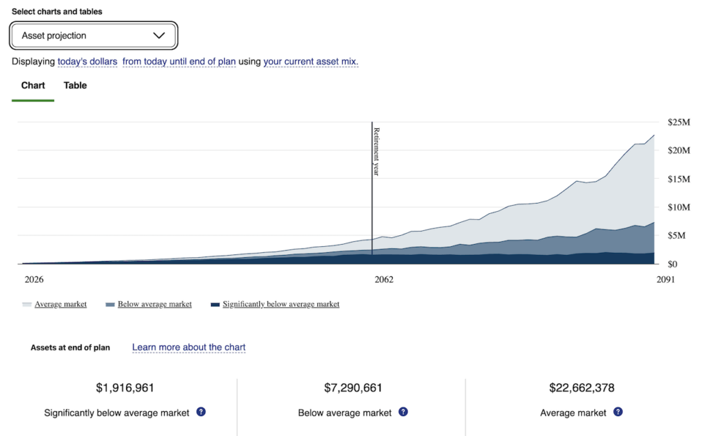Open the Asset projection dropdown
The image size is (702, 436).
point(93,36)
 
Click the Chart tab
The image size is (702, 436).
point(33,86)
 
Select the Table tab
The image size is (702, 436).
point(75,86)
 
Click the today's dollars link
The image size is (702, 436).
point(87,62)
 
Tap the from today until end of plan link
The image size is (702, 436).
point(179,62)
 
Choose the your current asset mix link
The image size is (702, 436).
point(311,62)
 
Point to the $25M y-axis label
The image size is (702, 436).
point(679,122)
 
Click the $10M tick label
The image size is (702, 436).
point(679,207)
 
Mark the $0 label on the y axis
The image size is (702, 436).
point(673,264)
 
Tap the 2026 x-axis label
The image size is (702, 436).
point(34,280)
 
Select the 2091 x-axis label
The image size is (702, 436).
point(664,280)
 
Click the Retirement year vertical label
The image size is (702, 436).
point(376,152)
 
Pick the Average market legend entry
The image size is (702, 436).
point(60,304)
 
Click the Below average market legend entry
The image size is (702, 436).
point(154,304)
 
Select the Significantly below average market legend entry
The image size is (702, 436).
point(280,304)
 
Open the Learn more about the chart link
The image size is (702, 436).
point(189,348)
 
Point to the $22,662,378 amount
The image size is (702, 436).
point(581,388)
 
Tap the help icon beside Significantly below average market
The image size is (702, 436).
point(201,412)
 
